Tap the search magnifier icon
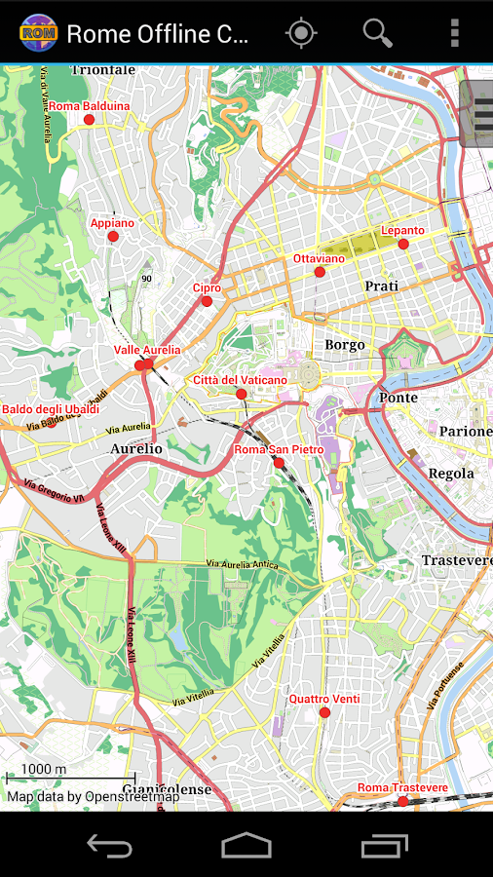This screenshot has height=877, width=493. coord(378,33)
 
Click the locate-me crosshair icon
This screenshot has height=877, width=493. coord(301,33)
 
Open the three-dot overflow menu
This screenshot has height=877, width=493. coord(454,33)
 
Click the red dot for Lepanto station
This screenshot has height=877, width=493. coord(403,244)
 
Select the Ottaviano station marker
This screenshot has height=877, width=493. coord(320,272)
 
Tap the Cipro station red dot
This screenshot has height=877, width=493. coord(207,301)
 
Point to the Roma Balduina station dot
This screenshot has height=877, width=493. coord(89,120)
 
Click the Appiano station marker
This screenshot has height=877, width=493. coord(113,236)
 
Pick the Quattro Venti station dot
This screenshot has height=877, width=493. coord(324,712)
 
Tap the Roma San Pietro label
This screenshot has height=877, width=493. coord(279,449)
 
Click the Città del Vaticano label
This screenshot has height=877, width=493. coord(240,379)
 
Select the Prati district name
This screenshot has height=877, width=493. coord(381,286)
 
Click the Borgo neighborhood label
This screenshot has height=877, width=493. coord(345,345)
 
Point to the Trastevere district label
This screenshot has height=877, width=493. coord(456,560)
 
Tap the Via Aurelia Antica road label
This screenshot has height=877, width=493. coord(242,564)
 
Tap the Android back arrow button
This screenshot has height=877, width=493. coord(109,845)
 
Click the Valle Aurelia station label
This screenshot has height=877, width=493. coord(147,350)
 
